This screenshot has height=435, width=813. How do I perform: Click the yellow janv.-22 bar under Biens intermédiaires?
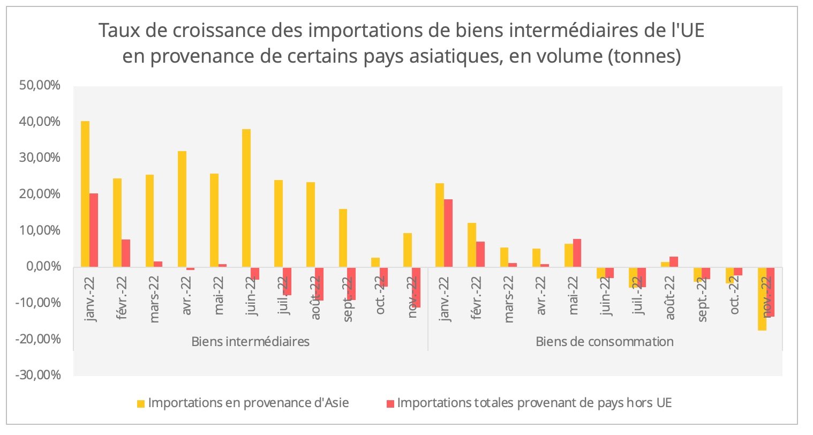pyautogui.click(x=85, y=194)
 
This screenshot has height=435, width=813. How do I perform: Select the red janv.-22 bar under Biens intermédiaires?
pyautogui.click(x=94, y=230)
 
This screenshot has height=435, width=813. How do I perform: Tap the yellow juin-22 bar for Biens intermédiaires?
pyautogui.click(x=246, y=198)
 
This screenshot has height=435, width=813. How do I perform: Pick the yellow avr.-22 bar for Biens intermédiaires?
pyautogui.click(x=182, y=209)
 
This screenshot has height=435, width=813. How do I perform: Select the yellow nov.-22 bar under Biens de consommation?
pyautogui.click(x=762, y=298)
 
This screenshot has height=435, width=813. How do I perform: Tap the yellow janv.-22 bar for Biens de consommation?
pyautogui.click(x=440, y=225)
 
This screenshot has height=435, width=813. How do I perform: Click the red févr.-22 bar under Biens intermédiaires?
pyautogui.click(x=126, y=253)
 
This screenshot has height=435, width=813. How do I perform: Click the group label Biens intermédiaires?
pyautogui.click(x=250, y=341)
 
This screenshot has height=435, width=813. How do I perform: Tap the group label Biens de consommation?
pyautogui.click(x=605, y=341)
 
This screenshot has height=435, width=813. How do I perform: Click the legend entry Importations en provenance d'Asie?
pyautogui.click(x=249, y=403)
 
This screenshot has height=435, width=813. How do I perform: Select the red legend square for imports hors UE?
pyautogui.click(x=390, y=403)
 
